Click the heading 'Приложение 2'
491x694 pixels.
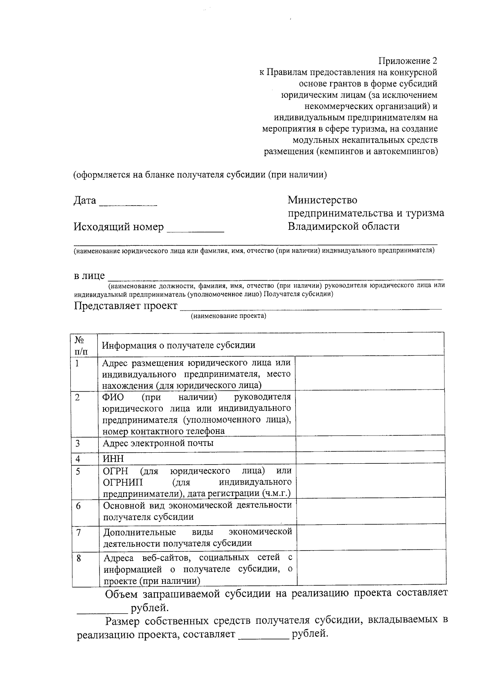click(408, 61)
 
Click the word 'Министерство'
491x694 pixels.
click(322, 200)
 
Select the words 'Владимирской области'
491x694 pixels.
click(343, 226)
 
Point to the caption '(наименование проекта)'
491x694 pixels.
click(228, 316)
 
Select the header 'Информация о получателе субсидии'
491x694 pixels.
click(178, 345)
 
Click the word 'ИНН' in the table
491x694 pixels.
click(113, 458)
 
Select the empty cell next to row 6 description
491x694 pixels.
click(370, 511)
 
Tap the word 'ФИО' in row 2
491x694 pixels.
click(114, 397)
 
